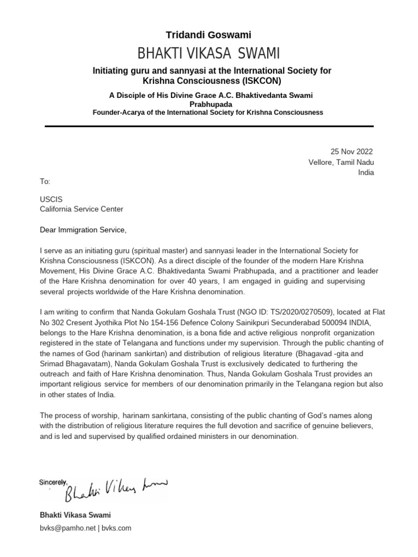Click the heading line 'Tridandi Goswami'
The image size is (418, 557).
click(208, 35)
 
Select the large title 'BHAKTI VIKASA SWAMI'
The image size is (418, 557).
click(208, 53)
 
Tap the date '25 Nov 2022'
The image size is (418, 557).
click(352, 152)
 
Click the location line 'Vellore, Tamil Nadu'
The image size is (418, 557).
click(341, 162)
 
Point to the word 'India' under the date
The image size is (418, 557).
click(365, 172)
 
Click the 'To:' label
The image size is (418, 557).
click(45, 182)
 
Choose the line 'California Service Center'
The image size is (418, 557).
click(82, 209)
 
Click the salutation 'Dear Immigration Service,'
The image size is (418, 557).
click(83, 230)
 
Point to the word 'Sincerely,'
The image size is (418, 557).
click(53, 482)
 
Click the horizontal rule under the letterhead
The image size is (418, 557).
click(208, 126)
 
